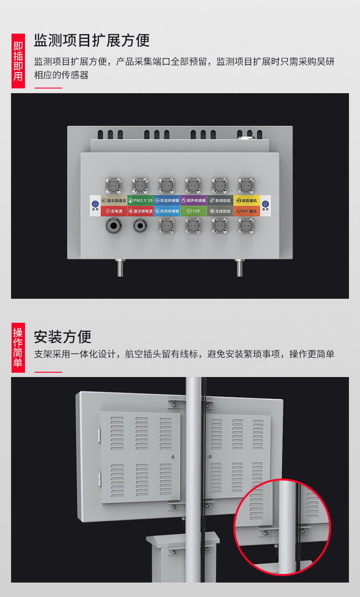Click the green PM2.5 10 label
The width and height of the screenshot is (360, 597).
(x=140, y=200)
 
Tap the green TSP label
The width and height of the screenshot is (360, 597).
(x=193, y=211)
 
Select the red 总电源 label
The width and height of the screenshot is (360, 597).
(x=114, y=211)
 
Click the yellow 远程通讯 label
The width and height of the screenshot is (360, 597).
(x=247, y=200)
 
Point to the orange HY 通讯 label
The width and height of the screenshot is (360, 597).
(x=247, y=211)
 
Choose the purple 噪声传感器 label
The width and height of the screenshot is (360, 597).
(x=193, y=200)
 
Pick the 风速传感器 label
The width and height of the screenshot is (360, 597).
(x=167, y=200)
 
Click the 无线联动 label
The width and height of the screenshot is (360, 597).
(x=220, y=211)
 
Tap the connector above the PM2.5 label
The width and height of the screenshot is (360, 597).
(x=140, y=185)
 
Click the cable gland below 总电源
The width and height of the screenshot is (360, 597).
(x=114, y=225)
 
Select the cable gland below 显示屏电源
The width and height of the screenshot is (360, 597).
(x=140, y=225)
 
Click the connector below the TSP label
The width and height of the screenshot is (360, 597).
(x=193, y=225)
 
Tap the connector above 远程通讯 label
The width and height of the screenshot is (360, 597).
(x=246, y=185)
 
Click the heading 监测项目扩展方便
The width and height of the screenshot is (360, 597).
(x=92, y=40)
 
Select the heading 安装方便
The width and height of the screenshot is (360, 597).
(x=62, y=337)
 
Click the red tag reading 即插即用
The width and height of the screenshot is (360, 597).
(x=18, y=61)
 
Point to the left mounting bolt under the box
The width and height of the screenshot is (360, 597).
(x=120, y=267)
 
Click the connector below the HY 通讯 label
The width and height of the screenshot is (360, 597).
(x=246, y=225)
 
